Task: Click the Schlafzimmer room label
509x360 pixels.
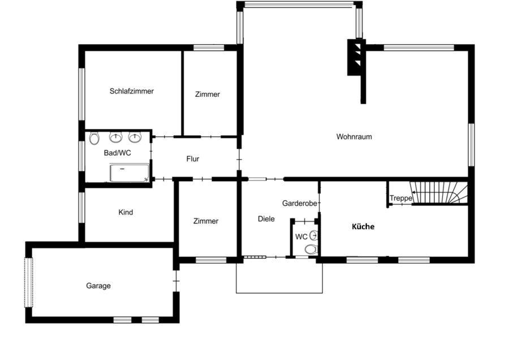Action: (x=131, y=91)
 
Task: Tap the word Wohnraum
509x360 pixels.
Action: (x=354, y=137)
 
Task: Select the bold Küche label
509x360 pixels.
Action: (x=363, y=226)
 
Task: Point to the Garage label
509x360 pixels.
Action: (x=98, y=286)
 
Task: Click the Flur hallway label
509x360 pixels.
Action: (x=192, y=159)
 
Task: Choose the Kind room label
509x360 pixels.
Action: (x=126, y=212)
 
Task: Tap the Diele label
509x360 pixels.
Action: (x=266, y=219)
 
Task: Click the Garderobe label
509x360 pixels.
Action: (x=299, y=203)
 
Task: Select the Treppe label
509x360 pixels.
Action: (x=401, y=198)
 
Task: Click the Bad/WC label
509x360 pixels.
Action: (x=117, y=153)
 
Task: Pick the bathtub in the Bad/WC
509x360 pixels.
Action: (x=129, y=173)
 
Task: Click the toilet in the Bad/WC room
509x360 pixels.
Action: (x=94, y=139)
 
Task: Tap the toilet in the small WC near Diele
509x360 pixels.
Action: (x=310, y=249)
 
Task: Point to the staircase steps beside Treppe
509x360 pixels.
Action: (x=438, y=192)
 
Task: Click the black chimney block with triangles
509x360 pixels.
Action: (x=356, y=58)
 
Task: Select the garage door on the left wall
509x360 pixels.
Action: (x=29, y=282)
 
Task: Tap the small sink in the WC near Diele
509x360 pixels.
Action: (x=313, y=235)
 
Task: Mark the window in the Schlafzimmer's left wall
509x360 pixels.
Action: (x=81, y=94)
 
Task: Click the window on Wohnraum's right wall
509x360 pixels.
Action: (x=471, y=145)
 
